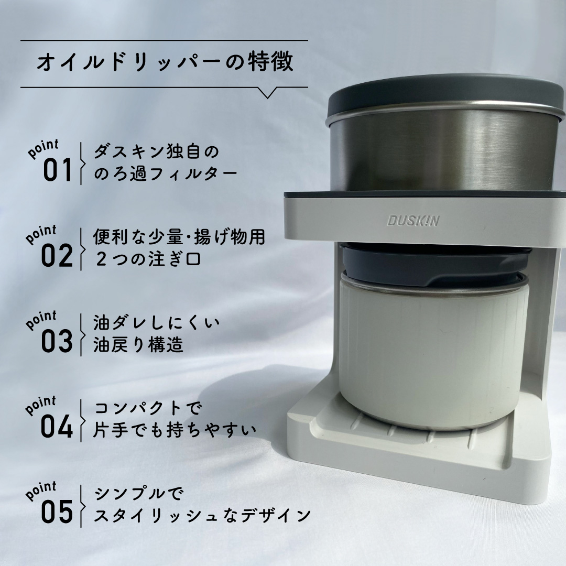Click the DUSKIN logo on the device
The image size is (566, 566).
point(413,221)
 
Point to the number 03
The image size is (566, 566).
point(57,341)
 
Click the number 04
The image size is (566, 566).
point(57,427)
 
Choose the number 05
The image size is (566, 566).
point(57,512)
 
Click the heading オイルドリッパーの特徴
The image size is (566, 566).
point(165,62)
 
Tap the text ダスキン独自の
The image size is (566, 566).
point(156,152)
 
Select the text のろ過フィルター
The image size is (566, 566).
point(165,173)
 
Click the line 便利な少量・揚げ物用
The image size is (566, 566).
point(179,237)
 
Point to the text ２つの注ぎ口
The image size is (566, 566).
point(148,259)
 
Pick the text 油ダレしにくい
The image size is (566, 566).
point(156,323)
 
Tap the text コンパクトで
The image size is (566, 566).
point(147,408)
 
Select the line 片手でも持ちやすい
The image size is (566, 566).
point(175,430)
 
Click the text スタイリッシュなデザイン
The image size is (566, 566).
point(202,516)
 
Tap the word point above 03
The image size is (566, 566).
point(41,320)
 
